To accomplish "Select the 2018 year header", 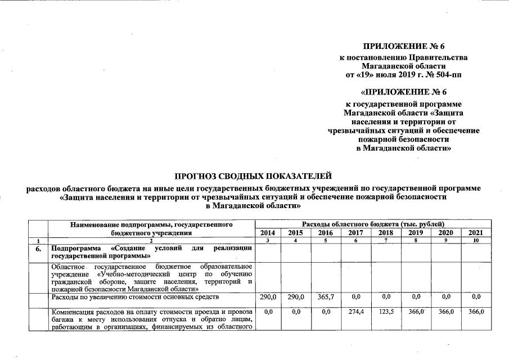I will (x=385, y=232).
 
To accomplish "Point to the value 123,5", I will (x=385, y=311).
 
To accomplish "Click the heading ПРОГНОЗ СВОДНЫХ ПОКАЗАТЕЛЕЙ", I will (x=254, y=177).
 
